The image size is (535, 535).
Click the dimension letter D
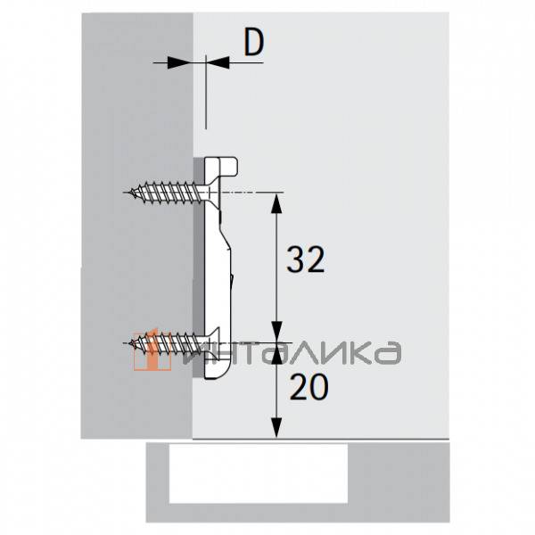click(x=254, y=42)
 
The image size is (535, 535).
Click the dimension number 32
click(x=305, y=259)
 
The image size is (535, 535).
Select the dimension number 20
click(x=309, y=387)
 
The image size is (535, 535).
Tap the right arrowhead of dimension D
click(x=218, y=62)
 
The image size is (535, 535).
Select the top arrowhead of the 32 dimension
click(x=276, y=203)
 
